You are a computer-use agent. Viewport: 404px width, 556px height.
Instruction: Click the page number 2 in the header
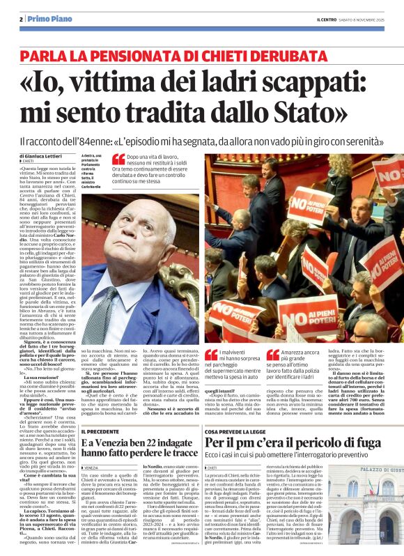(22, 18)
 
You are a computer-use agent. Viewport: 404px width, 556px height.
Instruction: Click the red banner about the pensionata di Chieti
(201, 52)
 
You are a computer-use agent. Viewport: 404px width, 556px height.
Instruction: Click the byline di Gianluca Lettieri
(42, 157)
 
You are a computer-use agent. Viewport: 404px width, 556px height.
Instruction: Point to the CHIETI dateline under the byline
(32, 163)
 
